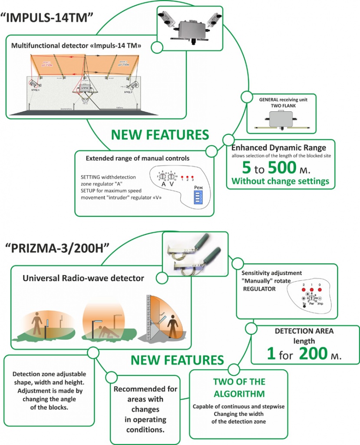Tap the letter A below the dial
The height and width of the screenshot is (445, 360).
[x=164, y=184]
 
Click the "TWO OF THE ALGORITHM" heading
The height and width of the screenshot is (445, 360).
[x=238, y=388]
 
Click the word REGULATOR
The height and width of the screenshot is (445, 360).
[x=259, y=288]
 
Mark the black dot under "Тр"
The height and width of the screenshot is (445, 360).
[x=304, y=306]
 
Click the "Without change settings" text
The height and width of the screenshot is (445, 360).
[x=281, y=181]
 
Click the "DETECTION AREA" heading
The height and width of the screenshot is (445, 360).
[x=304, y=331]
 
